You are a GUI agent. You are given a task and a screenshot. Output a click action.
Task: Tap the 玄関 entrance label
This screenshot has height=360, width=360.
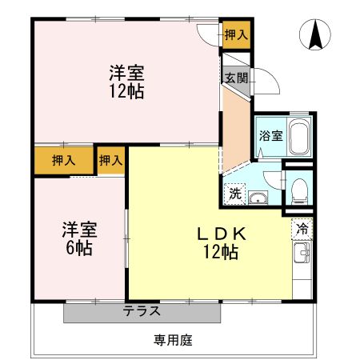[235, 78]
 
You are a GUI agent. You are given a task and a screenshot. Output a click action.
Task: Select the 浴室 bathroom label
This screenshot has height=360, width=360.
[270, 135]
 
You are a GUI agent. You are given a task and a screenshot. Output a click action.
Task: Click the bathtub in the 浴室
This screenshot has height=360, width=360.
[298, 138]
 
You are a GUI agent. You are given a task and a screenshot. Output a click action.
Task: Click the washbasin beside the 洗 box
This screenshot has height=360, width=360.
[259, 198]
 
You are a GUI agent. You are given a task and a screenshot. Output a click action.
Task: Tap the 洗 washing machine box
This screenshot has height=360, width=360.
[234, 193]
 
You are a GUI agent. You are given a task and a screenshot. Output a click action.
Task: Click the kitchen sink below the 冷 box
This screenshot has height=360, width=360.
[302, 257]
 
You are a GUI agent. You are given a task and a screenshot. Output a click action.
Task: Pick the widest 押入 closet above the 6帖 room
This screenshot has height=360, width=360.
[63, 160]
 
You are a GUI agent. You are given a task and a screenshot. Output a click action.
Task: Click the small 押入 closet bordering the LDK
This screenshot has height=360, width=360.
[110, 160]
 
